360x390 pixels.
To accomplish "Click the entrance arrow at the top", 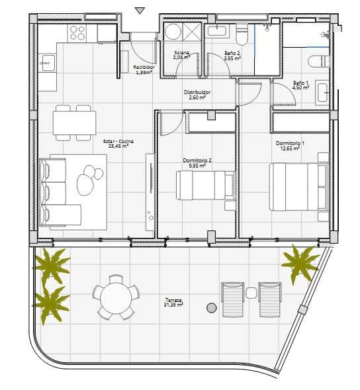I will (139, 10).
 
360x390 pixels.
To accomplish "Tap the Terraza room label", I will (174, 303).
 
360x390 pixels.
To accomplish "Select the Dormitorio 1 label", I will (289, 146).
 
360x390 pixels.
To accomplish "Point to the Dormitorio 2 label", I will (197, 163).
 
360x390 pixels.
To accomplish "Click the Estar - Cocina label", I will (116, 143).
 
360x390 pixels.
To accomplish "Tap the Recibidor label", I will (144, 70).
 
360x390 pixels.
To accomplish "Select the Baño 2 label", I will (232, 55).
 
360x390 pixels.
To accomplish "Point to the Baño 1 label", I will (301, 85).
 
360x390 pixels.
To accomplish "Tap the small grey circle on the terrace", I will (211, 308).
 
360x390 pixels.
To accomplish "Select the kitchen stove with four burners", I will (77, 32).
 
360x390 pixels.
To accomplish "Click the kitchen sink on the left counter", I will (46, 64).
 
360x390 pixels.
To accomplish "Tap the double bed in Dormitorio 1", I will (298, 186).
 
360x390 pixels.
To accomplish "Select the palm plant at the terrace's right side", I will (301, 262).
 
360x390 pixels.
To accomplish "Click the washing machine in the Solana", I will (174, 33).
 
